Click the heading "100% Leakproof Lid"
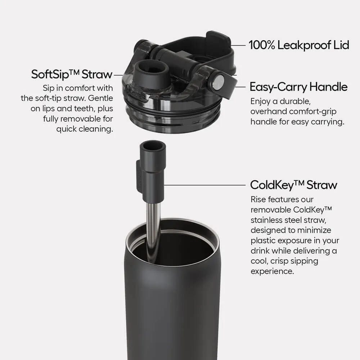[x=298, y=45]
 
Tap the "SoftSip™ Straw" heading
[x=72, y=75]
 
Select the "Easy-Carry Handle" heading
[x=298, y=87]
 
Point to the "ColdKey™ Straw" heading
[x=293, y=185]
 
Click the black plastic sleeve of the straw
[x=154, y=176]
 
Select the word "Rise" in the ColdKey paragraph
[x=258, y=199]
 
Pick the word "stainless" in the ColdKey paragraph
[x=266, y=220]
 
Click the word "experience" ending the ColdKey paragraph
[x=272, y=271]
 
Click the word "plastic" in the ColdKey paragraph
[x=263, y=240]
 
